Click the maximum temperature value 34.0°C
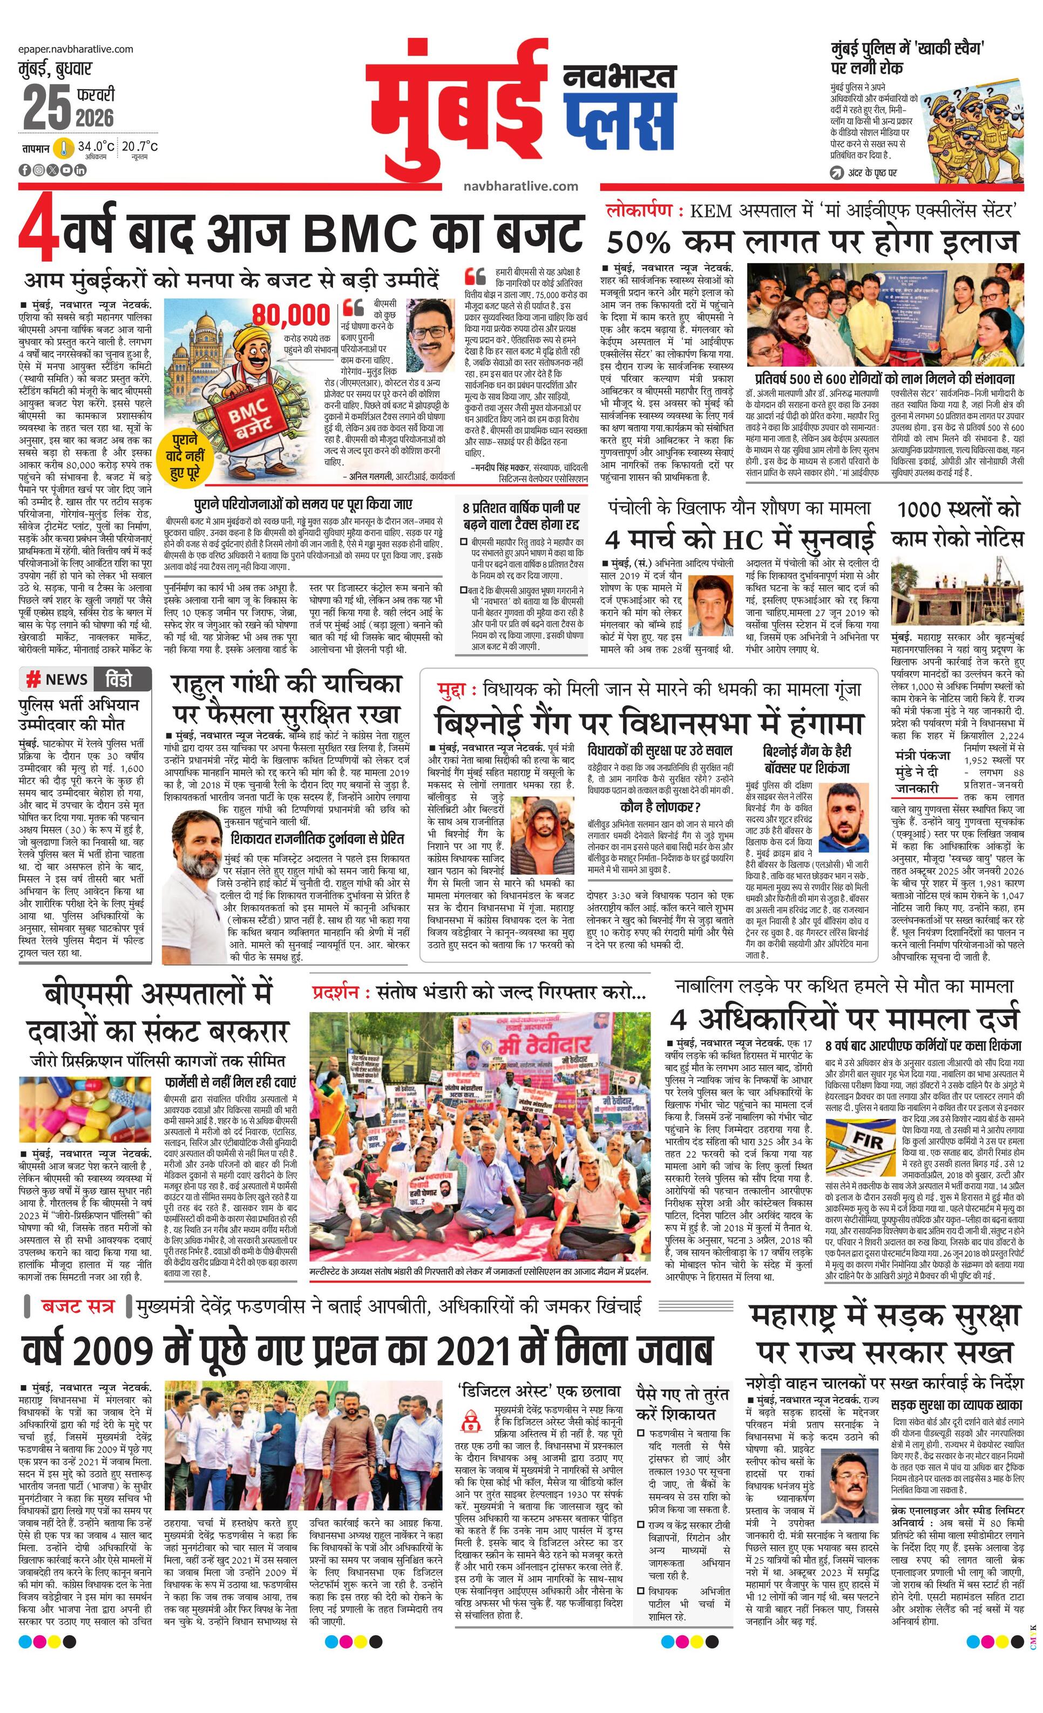click(x=95, y=147)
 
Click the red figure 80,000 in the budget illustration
click(x=290, y=315)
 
